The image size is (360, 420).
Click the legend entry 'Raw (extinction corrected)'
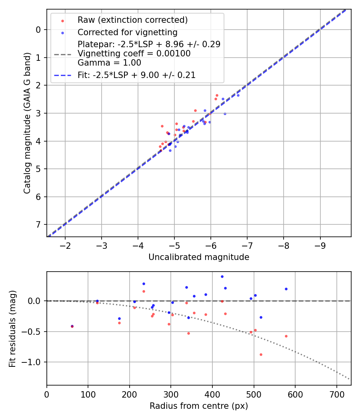tap(132, 20)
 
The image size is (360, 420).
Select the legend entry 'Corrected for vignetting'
tap(127, 32)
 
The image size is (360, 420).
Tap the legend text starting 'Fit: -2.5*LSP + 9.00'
tap(136, 75)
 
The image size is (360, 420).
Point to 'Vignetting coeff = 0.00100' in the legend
tap(134, 53)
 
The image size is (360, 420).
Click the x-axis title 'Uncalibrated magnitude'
tap(199, 257)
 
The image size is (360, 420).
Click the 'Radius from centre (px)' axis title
tap(199, 406)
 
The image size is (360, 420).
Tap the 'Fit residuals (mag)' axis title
tap(12, 328)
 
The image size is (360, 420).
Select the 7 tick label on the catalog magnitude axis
tap(38, 224)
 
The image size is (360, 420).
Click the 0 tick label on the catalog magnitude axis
tap(38, 30)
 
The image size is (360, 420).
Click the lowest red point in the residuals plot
tap(261, 354)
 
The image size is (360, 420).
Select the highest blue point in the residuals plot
tap(222, 276)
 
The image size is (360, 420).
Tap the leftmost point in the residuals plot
tap(72, 326)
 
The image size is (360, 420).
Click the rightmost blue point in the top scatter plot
tap(238, 95)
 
